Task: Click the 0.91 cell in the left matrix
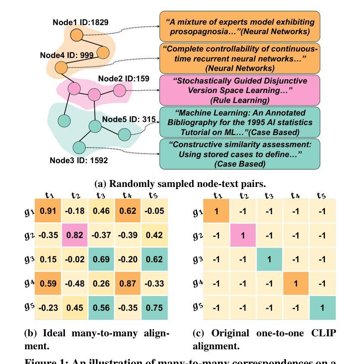[48, 211]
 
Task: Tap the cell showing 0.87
[128, 283]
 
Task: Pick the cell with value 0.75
[154, 307]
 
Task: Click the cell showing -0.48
[74, 283]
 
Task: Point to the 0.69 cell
[101, 260]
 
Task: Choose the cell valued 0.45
[74, 307]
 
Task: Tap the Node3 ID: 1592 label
[79, 160]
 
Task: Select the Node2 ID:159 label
[123, 78]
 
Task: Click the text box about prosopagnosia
[240, 26]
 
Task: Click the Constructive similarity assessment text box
[240, 154]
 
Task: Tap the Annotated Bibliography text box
[240, 122]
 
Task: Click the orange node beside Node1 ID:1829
[77, 35]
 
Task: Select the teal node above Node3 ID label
[79, 148]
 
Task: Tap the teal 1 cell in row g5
[322, 307]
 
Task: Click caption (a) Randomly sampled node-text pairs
[180, 184]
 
